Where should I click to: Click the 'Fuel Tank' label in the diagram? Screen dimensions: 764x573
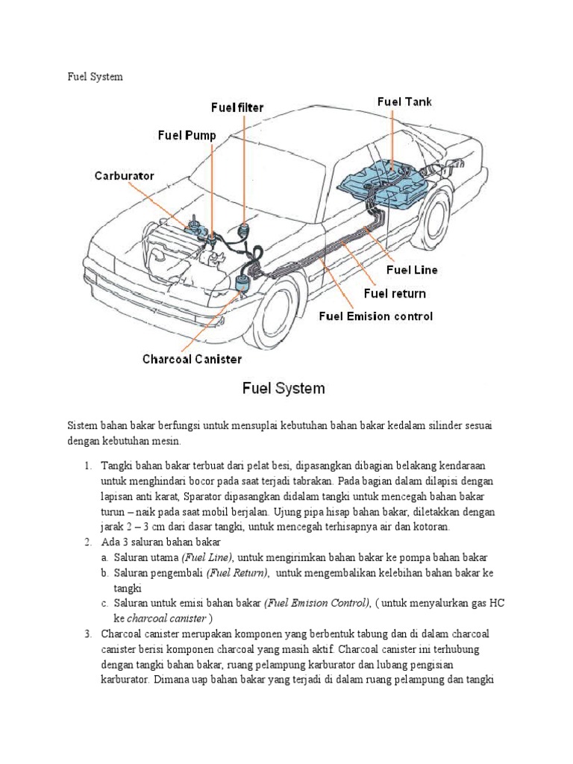pyautogui.click(x=404, y=101)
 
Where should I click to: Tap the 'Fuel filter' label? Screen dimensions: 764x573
pyautogui.click(x=237, y=107)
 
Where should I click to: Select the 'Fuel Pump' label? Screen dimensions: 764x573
pyautogui.click(x=187, y=135)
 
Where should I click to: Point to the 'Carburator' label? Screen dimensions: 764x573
pyautogui.click(x=124, y=176)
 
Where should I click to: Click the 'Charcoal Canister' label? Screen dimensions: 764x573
pyautogui.click(x=192, y=359)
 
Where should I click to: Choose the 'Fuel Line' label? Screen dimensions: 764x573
pyautogui.click(x=412, y=269)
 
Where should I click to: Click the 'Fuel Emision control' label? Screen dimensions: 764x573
pyautogui.click(x=376, y=316)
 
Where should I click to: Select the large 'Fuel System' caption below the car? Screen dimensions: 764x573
pyautogui.click(x=282, y=388)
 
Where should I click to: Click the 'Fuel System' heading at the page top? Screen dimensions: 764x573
pyautogui.click(x=95, y=77)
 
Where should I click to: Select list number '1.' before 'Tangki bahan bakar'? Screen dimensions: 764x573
pyautogui.click(x=87, y=466)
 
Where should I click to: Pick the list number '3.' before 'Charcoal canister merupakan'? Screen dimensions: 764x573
pyautogui.click(x=87, y=633)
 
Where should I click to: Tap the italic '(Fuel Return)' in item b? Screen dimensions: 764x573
pyautogui.click(x=238, y=572)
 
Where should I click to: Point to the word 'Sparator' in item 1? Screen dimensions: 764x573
pyautogui.click(x=204, y=496)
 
